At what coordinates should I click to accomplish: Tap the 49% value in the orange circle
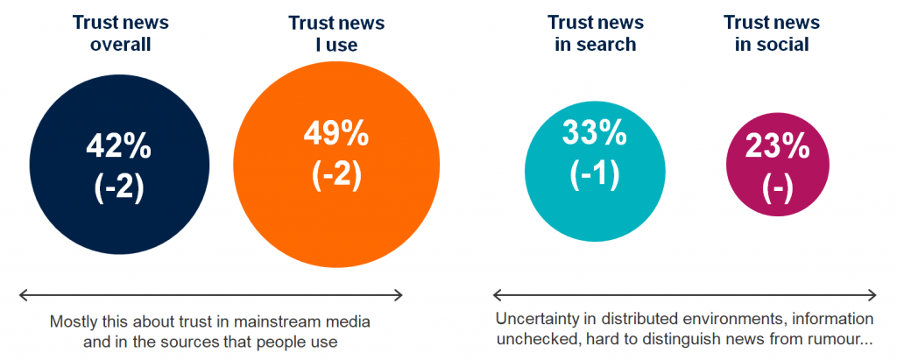tap(336, 133)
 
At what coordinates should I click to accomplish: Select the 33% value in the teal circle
tap(595, 134)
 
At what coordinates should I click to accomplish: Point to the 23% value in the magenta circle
tap(777, 147)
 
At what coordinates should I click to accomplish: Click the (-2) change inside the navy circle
tap(119, 186)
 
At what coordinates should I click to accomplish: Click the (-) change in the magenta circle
tap(777, 186)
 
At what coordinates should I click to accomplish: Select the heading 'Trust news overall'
tap(120, 34)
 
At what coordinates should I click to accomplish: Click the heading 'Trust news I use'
tap(336, 34)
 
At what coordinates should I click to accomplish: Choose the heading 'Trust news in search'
tap(596, 34)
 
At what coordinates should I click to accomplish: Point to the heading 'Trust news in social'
tap(770, 34)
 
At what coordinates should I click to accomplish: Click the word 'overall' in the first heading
tap(120, 45)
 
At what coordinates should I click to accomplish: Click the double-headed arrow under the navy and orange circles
tap(210, 294)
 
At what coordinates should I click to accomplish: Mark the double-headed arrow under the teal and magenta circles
tap(685, 294)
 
